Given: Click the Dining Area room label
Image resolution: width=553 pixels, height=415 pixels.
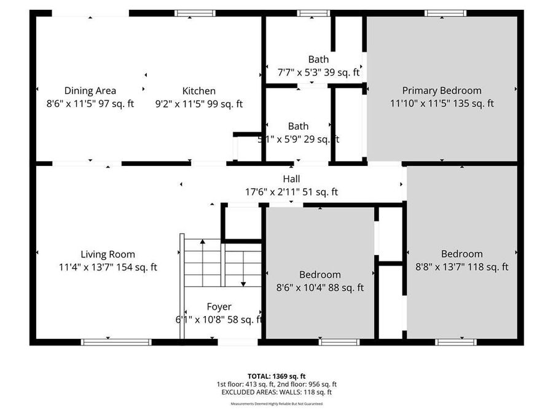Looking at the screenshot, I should (x=90, y=91).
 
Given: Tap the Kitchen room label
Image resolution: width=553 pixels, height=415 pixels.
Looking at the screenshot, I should (x=198, y=91).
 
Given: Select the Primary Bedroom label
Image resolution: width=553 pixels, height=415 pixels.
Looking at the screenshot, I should (x=442, y=90).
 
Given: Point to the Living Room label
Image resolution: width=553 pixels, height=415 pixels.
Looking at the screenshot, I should (x=108, y=254).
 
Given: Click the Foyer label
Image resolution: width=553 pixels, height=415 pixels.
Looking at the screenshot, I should (x=219, y=307).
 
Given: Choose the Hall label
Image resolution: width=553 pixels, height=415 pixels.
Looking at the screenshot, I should (x=292, y=179).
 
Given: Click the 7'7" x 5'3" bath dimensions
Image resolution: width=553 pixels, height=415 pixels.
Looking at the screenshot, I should (x=318, y=73).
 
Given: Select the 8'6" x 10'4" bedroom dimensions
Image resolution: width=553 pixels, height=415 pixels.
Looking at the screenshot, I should (x=320, y=287).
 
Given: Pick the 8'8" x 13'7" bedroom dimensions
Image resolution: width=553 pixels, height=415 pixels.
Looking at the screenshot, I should (x=461, y=267).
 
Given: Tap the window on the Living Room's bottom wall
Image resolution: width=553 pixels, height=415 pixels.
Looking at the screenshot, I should (x=116, y=342).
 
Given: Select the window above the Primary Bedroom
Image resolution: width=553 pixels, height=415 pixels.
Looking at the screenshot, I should (x=445, y=13).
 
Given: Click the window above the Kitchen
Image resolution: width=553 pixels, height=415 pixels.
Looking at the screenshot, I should (x=195, y=13).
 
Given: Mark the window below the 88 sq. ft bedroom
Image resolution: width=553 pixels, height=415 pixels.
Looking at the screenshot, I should (x=339, y=342).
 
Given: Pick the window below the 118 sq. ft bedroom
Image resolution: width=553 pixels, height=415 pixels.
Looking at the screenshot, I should (x=455, y=342).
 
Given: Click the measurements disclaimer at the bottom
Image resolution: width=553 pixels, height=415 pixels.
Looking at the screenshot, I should (x=276, y=404).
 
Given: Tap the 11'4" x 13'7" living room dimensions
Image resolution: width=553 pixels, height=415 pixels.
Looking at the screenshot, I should (x=108, y=267).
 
